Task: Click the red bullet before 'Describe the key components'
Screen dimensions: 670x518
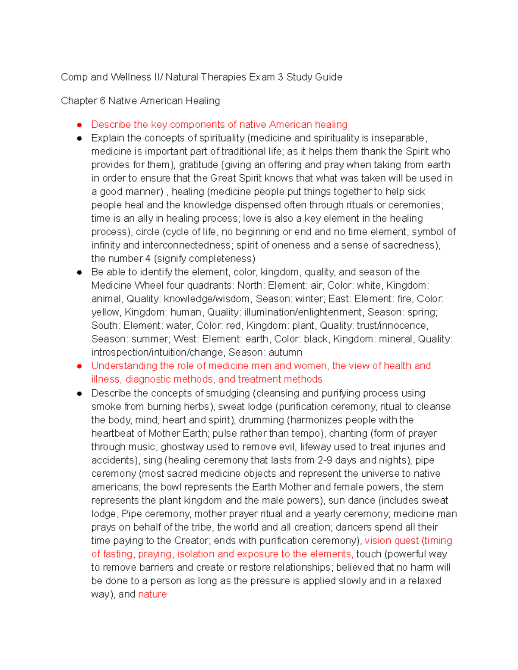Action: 79,125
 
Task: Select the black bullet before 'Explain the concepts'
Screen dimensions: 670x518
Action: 79,138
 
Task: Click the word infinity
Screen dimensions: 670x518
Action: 106,245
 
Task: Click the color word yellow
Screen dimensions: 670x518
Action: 105,312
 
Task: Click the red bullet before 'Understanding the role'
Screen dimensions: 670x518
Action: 79,366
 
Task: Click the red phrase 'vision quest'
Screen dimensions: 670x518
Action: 392,541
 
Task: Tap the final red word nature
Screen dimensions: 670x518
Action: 152,594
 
